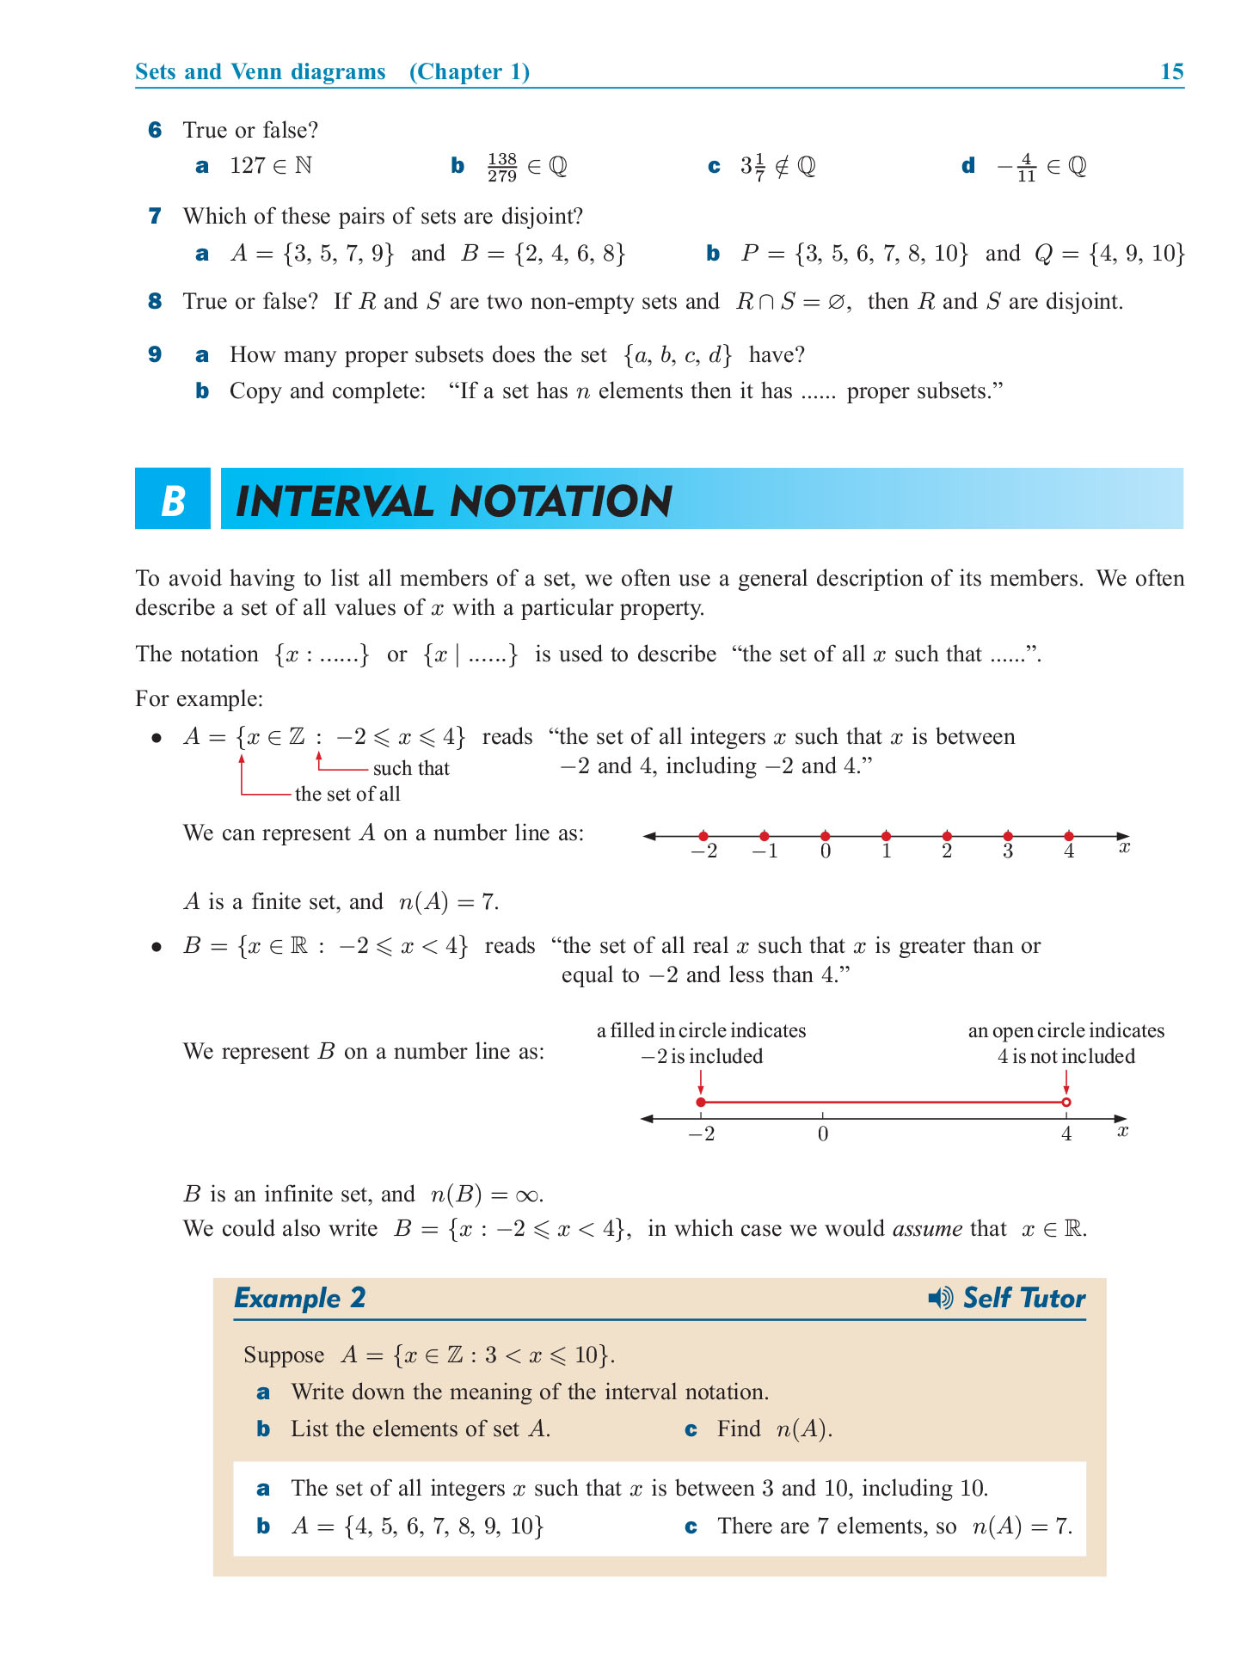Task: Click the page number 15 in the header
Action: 1171,71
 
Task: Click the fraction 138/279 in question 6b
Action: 501,167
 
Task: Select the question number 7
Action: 155,216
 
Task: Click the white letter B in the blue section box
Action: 173,500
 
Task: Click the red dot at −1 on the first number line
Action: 765,836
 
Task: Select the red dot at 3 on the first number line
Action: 1008,836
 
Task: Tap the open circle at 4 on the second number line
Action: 1066,1102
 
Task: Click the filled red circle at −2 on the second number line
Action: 701,1102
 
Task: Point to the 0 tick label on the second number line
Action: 823,1134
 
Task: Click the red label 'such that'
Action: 411,768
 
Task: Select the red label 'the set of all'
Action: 347,794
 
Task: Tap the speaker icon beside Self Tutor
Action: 940,1298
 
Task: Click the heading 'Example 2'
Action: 300,1298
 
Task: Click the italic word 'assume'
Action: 927,1229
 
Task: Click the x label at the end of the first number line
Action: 1124,848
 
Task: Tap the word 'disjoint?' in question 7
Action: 539,216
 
